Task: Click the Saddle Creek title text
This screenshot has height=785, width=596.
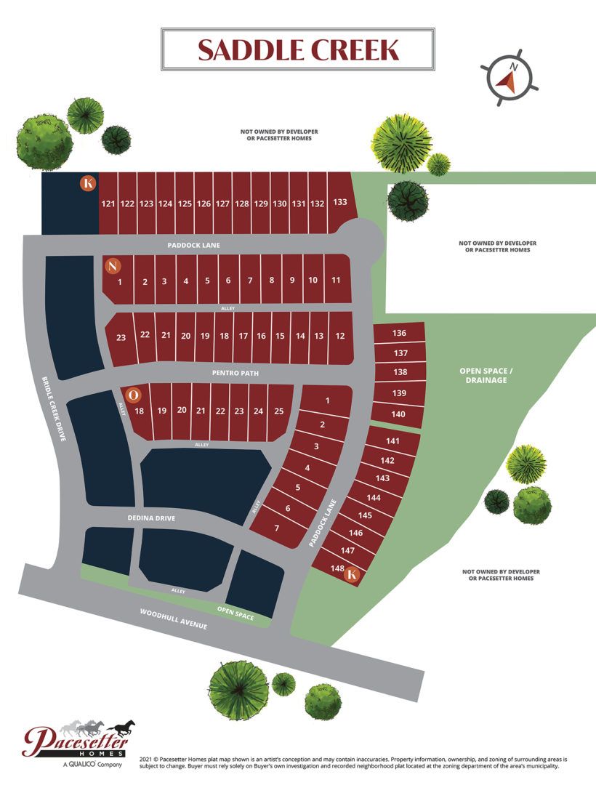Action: pos(298,49)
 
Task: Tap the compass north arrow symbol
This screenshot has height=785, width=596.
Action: pos(510,77)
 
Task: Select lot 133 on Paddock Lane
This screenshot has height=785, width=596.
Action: pos(339,202)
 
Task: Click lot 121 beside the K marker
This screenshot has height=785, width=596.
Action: pos(108,204)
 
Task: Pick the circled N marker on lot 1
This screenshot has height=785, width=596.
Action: pos(112,266)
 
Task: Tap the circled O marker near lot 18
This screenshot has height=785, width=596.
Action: pos(133,395)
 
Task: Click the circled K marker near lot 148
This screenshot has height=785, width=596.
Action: pos(353,575)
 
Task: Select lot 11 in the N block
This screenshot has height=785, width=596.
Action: pos(337,280)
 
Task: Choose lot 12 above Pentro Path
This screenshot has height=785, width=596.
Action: pos(340,336)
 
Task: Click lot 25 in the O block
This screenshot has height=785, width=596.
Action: pos(278,411)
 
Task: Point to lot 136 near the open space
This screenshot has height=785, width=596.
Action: pos(398,334)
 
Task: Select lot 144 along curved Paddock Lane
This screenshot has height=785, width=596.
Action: pos(374,498)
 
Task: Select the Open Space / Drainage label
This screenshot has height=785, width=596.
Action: pos(486,375)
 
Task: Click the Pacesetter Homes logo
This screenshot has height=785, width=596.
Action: pos(79,741)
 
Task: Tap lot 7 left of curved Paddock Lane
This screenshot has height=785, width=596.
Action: pos(277,528)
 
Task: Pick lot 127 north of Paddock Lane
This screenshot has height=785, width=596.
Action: pos(222,204)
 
